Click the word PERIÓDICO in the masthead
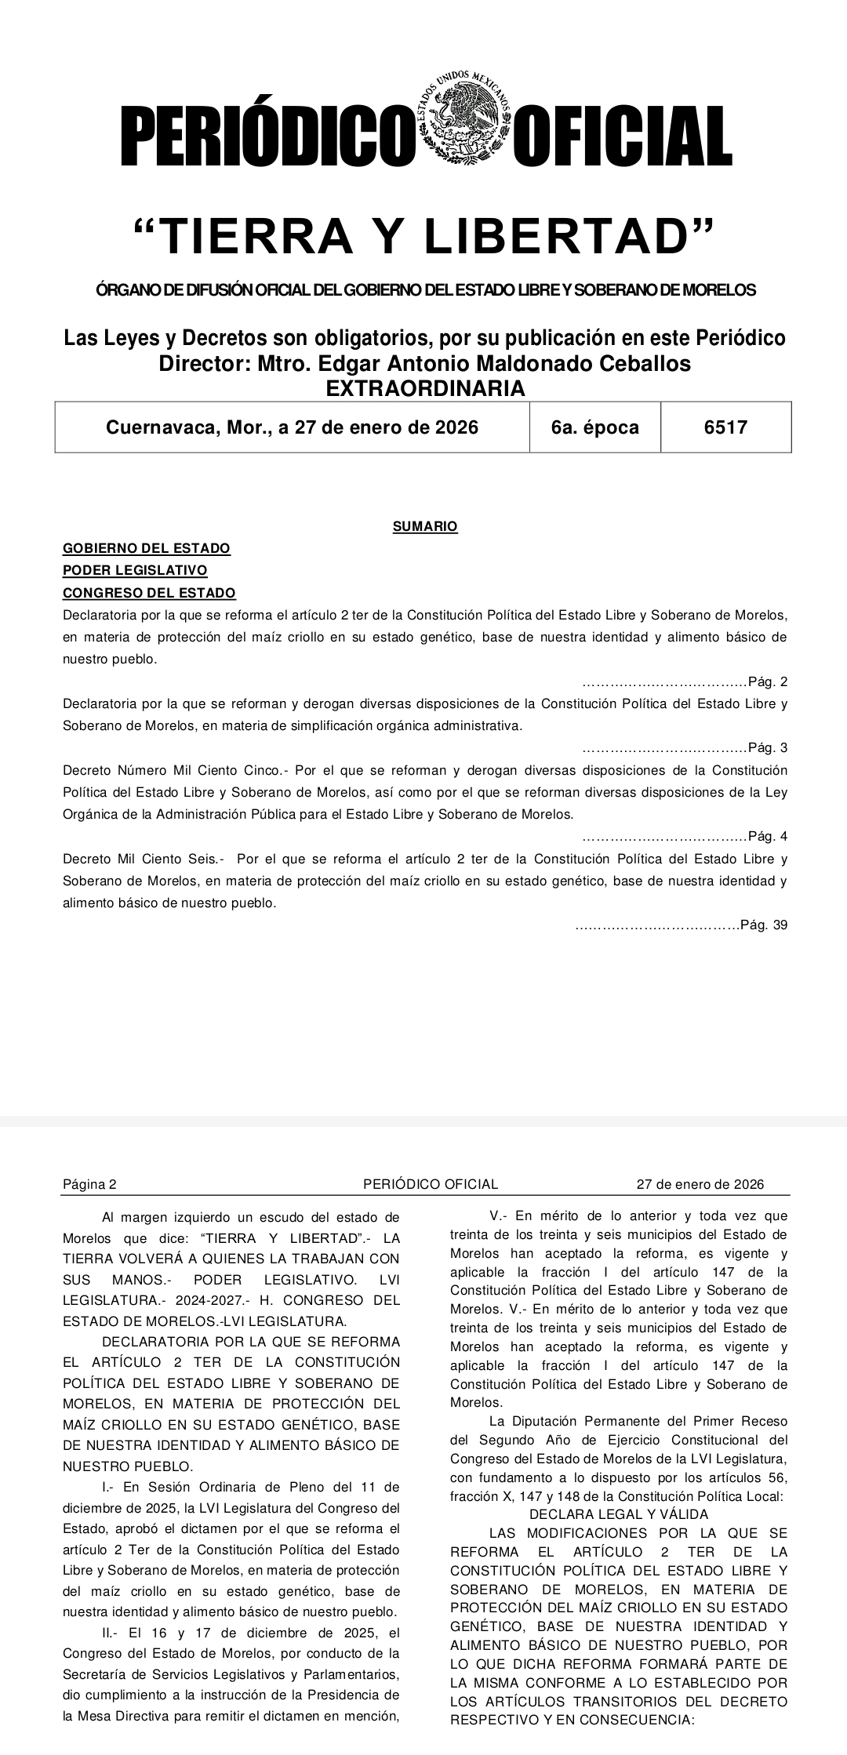(x=267, y=136)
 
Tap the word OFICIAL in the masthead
(x=623, y=136)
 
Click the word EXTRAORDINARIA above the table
(x=424, y=388)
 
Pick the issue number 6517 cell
(x=725, y=427)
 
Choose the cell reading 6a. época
(x=594, y=427)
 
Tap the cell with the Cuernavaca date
(x=292, y=427)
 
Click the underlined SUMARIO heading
(x=424, y=526)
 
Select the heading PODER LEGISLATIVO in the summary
(x=135, y=570)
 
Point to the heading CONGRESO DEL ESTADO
(x=149, y=593)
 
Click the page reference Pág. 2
(x=768, y=681)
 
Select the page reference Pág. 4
(x=768, y=835)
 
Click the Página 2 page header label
(x=89, y=1184)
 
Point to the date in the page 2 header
(x=700, y=1184)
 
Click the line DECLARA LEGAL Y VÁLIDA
(x=619, y=1514)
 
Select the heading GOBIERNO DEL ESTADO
(x=146, y=548)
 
